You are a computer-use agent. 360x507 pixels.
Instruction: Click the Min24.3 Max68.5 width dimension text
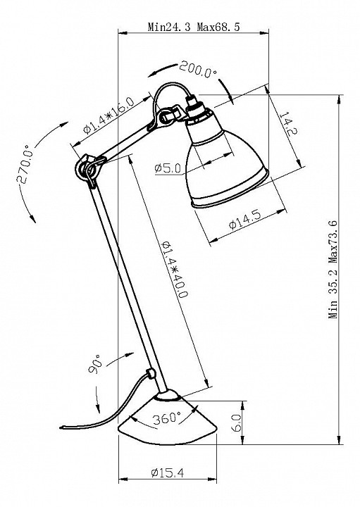point(194,27)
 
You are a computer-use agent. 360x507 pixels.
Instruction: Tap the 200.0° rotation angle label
point(198,70)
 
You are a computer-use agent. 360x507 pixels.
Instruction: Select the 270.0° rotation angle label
point(25,164)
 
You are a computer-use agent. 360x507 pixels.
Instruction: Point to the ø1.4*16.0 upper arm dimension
point(108,115)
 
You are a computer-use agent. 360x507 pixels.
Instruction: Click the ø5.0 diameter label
point(168,168)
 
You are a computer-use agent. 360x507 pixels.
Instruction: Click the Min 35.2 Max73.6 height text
point(333,269)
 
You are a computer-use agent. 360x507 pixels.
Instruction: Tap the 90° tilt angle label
point(95,364)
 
